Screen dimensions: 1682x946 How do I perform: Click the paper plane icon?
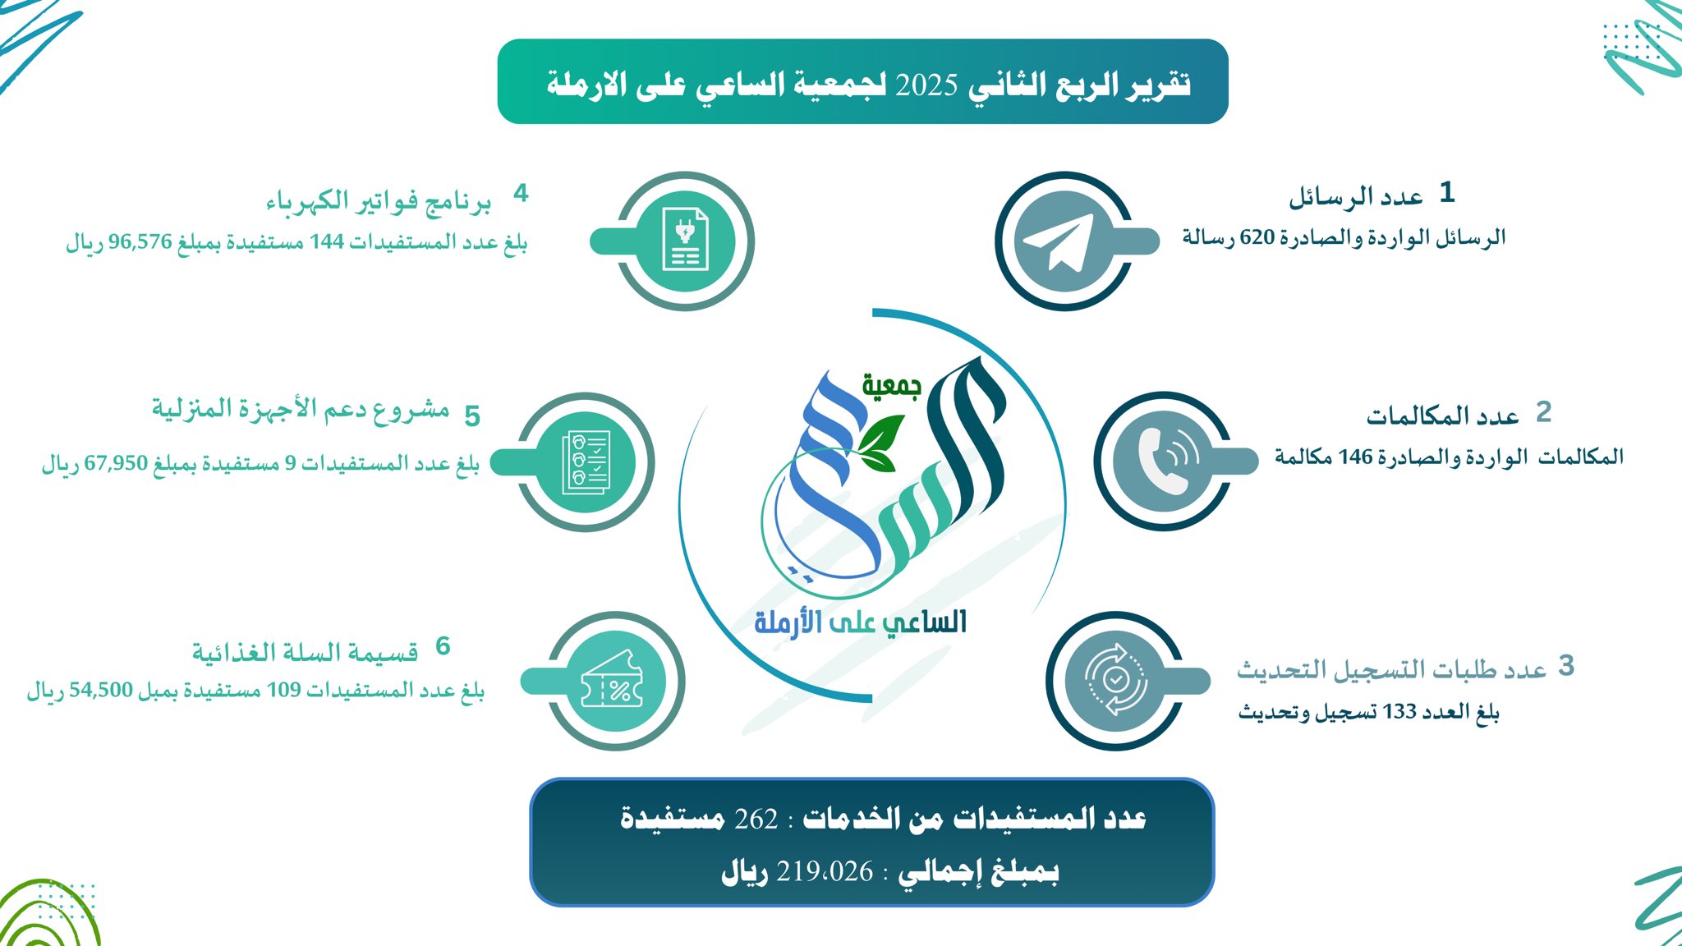[x=1059, y=242]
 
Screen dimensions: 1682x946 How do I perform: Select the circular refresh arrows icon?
[x=1114, y=680]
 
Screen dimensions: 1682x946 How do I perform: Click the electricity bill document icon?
[x=686, y=239]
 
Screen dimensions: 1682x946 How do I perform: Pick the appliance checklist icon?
[x=586, y=462]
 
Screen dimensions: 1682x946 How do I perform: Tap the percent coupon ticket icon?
[x=612, y=680]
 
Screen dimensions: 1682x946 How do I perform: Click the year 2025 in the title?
[x=926, y=85]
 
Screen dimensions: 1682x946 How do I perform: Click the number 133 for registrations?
[x=1399, y=711]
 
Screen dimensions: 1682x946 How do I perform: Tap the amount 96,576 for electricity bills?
[x=140, y=242]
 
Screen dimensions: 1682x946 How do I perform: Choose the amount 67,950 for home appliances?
[x=116, y=463]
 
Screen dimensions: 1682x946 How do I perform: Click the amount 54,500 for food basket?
[x=101, y=690]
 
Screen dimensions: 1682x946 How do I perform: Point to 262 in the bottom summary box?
[x=756, y=819]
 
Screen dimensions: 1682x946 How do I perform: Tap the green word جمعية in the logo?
[x=891, y=384]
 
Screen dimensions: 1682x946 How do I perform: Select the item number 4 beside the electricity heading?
[x=521, y=194]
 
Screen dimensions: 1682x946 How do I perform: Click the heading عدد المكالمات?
[x=1443, y=416]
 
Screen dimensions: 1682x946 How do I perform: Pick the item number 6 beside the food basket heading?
[x=443, y=646]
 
